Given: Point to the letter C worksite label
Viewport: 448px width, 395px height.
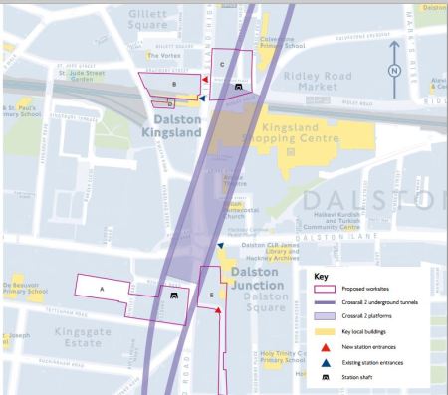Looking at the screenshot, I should pyautogui.click(x=222, y=64).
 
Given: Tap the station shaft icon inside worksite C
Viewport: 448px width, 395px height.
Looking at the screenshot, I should pyautogui.click(x=239, y=88).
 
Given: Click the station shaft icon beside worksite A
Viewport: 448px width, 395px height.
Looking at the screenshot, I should pyautogui.click(x=174, y=296).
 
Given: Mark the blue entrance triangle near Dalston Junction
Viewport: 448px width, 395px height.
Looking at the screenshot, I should pyautogui.click(x=221, y=245).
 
